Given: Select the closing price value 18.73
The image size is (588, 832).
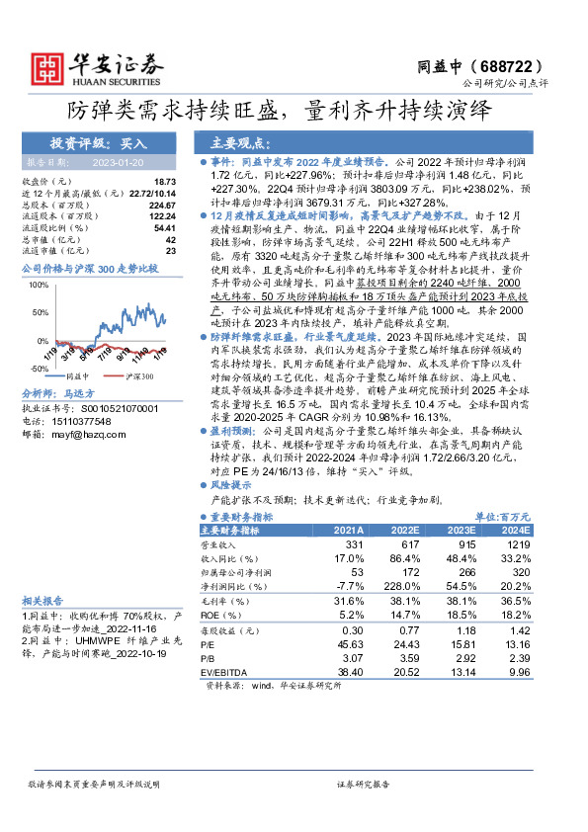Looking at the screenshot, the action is coord(164,182).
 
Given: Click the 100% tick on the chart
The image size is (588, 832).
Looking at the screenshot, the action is coord(41,286).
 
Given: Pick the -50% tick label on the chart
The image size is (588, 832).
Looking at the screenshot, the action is coord(39,369).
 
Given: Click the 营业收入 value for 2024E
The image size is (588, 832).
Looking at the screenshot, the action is coord(517,545).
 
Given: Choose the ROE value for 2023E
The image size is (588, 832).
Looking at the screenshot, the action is coord(460,615).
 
